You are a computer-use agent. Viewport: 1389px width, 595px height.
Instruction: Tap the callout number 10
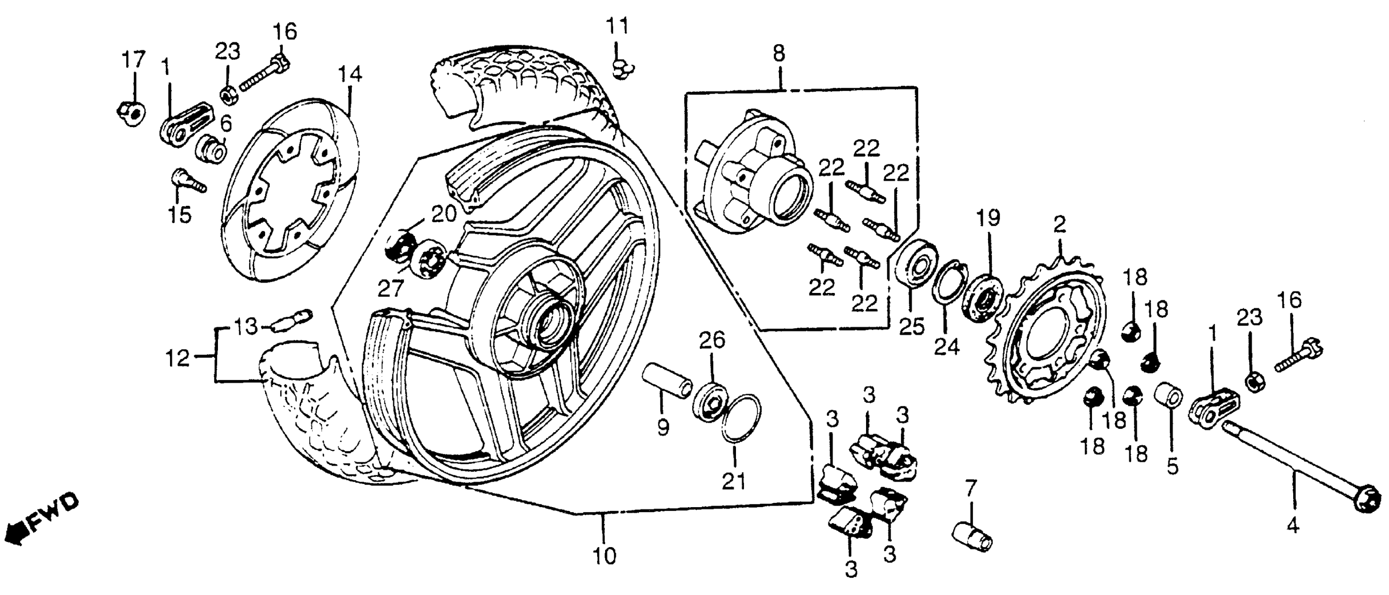(x=604, y=555)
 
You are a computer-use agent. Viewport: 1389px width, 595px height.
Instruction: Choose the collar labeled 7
(x=972, y=538)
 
